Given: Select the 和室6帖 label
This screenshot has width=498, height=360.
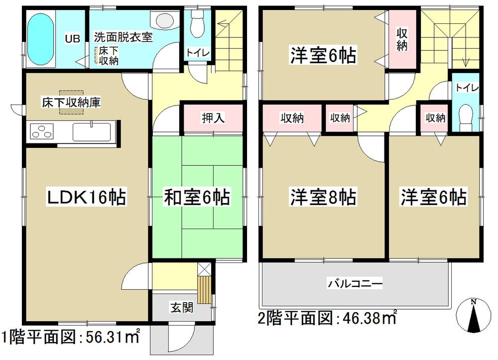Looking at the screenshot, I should [x=197, y=198].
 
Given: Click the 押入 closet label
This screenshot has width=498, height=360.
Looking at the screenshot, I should [x=214, y=119].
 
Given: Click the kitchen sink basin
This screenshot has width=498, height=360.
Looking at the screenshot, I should [x=93, y=132].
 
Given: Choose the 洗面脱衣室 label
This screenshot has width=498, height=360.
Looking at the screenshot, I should [x=123, y=37].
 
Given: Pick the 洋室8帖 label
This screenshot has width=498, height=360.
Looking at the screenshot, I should [x=323, y=198].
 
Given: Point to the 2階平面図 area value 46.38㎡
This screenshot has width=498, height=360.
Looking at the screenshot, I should [x=368, y=317].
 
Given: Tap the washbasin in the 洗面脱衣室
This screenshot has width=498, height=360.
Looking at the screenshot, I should [x=163, y=20].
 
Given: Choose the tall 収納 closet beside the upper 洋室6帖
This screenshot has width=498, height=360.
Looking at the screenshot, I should [x=402, y=40].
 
